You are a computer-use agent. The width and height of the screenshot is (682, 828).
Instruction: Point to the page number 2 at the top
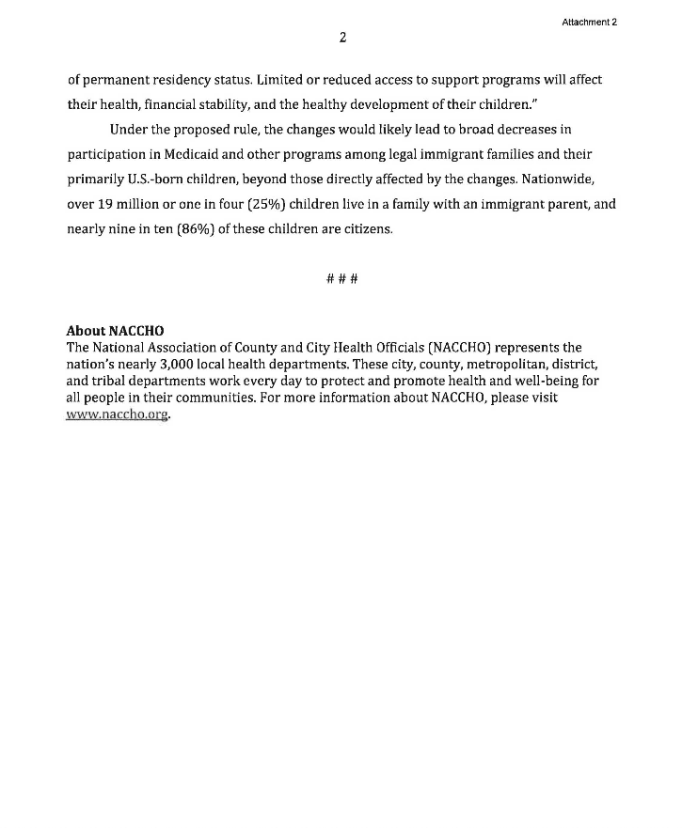343,39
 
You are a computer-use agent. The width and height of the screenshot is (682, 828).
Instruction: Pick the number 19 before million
103,203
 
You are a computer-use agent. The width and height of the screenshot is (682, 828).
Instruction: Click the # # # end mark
342,279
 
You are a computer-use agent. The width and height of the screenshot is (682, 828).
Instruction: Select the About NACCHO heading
115,331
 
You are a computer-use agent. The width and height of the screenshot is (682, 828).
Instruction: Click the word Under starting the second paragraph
128,129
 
